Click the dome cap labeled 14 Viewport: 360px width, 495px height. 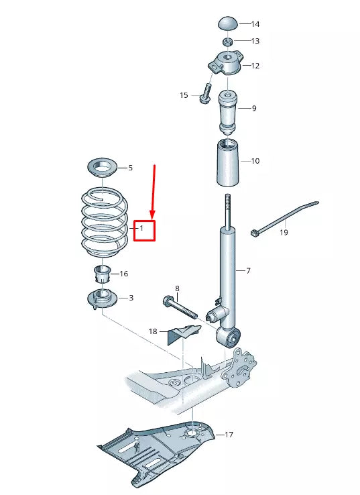(229, 24)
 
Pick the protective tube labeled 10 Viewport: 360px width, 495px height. (228, 162)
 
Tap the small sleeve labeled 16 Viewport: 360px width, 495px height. (103, 274)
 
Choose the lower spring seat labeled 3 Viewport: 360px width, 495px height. (102, 298)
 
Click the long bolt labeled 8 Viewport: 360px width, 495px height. (180, 307)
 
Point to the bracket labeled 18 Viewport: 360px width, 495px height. (184, 334)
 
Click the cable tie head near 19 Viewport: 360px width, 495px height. (255, 234)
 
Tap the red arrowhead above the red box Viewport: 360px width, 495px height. (153, 215)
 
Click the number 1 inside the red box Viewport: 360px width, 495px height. (141, 228)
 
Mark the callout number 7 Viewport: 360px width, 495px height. (248, 271)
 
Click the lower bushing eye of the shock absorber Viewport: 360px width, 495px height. (229, 337)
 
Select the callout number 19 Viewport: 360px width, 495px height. (284, 233)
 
